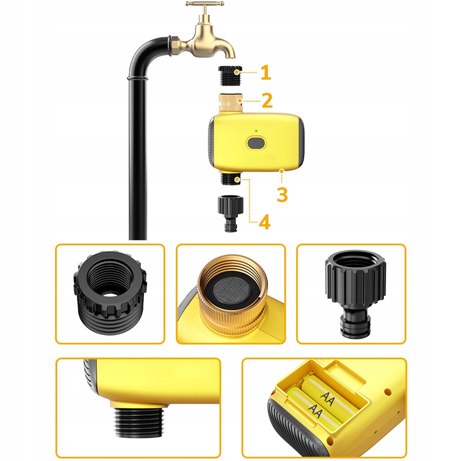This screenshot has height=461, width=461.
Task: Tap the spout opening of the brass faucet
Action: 231,57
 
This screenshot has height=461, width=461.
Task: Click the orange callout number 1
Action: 266,73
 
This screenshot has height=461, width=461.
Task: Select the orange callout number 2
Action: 267,101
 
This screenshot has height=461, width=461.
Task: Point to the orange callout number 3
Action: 282,194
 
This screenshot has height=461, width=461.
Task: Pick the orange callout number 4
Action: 264,222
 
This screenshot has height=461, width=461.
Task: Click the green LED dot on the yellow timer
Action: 256,131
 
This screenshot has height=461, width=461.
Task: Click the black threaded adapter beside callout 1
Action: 230,76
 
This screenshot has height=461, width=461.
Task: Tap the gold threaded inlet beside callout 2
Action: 231,103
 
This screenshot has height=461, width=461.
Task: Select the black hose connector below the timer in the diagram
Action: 230,213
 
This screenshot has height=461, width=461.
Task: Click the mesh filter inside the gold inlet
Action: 231,287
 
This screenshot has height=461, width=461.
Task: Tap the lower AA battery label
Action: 315,411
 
